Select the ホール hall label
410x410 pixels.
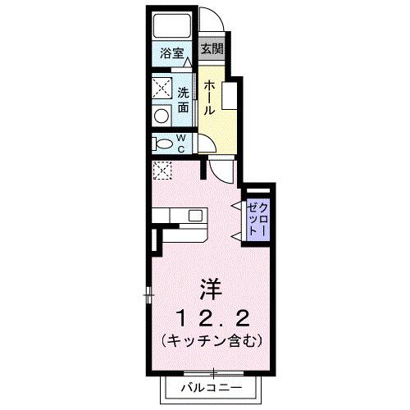click(x=211, y=98)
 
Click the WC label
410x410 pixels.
click(x=181, y=143)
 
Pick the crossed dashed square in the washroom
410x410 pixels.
click(x=162, y=88)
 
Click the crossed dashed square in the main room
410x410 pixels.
click(x=162, y=171)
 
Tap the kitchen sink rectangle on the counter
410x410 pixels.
click(x=195, y=216)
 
